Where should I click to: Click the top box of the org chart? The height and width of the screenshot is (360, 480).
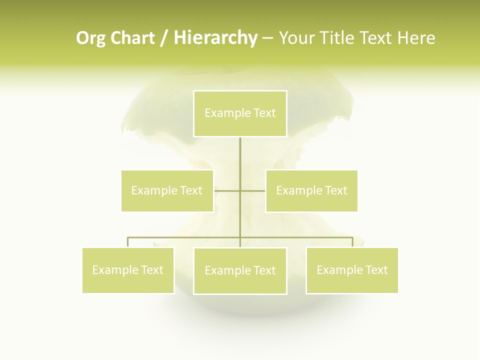pyautogui.click(x=240, y=113)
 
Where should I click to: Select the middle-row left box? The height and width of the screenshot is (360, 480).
pyautogui.click(x=167, y=190)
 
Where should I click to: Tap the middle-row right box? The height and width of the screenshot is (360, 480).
pyautogui.click(x=311, y=190)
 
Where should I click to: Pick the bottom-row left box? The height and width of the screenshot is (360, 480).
pyautogui.click(x=128, y=270)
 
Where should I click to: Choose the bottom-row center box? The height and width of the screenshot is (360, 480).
pyautogui.click(x=240, y=270)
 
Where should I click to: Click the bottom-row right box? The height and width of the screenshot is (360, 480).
pyautogui.click(x=352, y=270)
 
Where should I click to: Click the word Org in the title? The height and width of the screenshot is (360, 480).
pyautogui.click(x=90, y=38)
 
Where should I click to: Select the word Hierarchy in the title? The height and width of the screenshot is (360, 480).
pyautogui.click(x=215, y=38)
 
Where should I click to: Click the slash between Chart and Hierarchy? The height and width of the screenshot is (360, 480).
pyautogui.click(x=164, y=38)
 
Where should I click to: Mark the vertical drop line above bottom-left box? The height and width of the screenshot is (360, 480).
pyautogui.click(x=128, y=242)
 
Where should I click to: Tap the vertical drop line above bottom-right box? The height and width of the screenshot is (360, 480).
pyautogui.click(x=352, y=242)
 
